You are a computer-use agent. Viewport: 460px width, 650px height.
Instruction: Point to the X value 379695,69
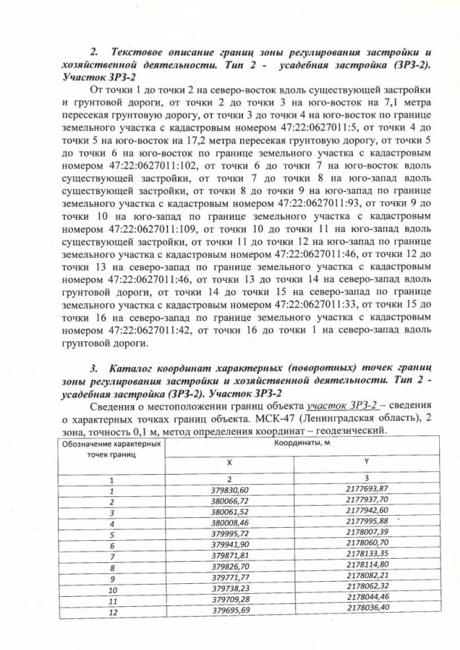point(230,610)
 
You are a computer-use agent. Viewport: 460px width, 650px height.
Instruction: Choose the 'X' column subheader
point(230,462)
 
